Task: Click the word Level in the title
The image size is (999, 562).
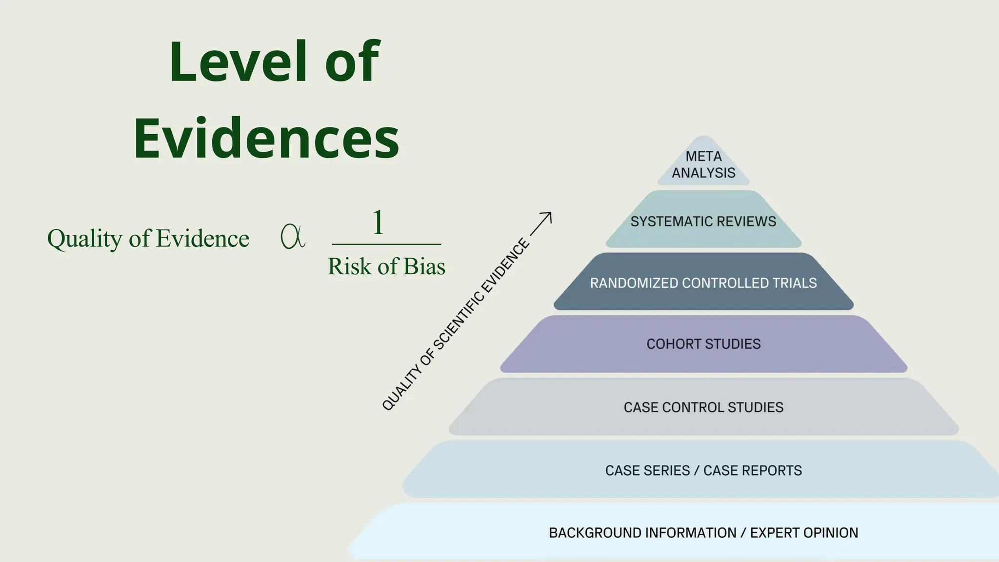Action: (x=239, y=62)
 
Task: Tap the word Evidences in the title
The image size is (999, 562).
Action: (x=266, y=139)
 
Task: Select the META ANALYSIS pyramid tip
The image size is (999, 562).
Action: (x=703, y=164)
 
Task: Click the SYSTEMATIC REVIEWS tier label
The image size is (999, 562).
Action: (x=703, y=221)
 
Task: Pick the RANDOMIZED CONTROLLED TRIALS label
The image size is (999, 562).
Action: (x=703, y=283)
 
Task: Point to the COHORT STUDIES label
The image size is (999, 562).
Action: (x=703, y=344)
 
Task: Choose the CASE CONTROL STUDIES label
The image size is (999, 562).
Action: (x=703, y=407)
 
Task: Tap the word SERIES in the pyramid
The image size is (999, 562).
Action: (x=665, y=470)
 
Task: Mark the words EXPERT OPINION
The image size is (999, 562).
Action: (x=804, y=533)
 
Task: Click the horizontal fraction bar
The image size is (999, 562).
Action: (x=386, y=244)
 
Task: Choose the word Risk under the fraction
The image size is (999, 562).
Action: (x=349, y=266)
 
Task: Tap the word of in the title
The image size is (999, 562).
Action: (x=352, y=62)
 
